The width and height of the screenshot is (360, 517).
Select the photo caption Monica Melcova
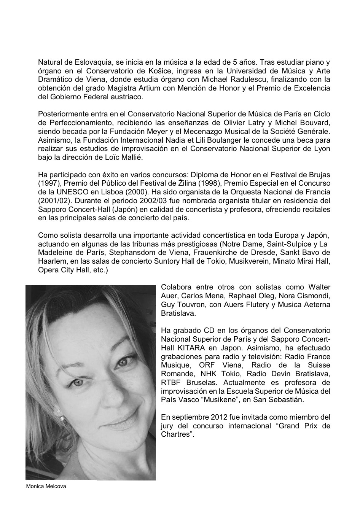click(46, 486)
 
